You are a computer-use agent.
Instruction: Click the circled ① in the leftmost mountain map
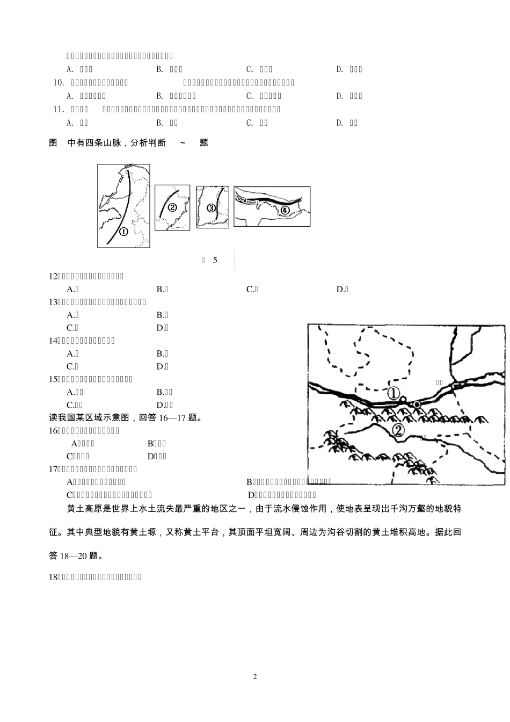tap(123, 232)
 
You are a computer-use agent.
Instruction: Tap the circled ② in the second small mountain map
tap(172, 208)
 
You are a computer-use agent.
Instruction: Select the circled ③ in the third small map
tap(211, 208)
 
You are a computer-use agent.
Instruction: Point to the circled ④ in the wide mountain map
tap(285, 210)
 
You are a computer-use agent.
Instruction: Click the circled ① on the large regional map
tap(394, 394)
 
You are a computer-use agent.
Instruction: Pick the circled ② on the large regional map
tap(398, 430)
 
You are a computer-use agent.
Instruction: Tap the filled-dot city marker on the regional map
tap(417, 404)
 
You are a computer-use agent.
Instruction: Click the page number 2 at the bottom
tap(255, 676)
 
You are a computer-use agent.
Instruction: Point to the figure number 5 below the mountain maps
tap(215, 261)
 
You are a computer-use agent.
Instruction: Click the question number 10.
tap(59, 82)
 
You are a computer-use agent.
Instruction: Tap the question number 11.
tap(59, 109)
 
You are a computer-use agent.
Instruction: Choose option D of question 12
tap(342, 290)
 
